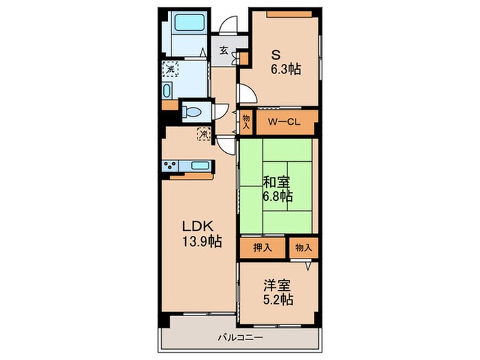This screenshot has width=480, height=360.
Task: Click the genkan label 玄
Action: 224,50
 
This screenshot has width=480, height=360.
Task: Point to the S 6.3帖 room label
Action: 283,60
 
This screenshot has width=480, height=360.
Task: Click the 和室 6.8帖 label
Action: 278,189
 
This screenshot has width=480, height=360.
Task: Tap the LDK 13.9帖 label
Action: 200,233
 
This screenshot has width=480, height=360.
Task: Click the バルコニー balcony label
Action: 237,337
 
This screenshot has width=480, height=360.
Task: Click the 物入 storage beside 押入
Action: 303,248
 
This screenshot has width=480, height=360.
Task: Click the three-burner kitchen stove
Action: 171,165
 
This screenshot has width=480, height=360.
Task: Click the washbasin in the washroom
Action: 169,90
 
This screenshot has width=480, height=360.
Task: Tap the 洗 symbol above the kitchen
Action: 204,134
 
